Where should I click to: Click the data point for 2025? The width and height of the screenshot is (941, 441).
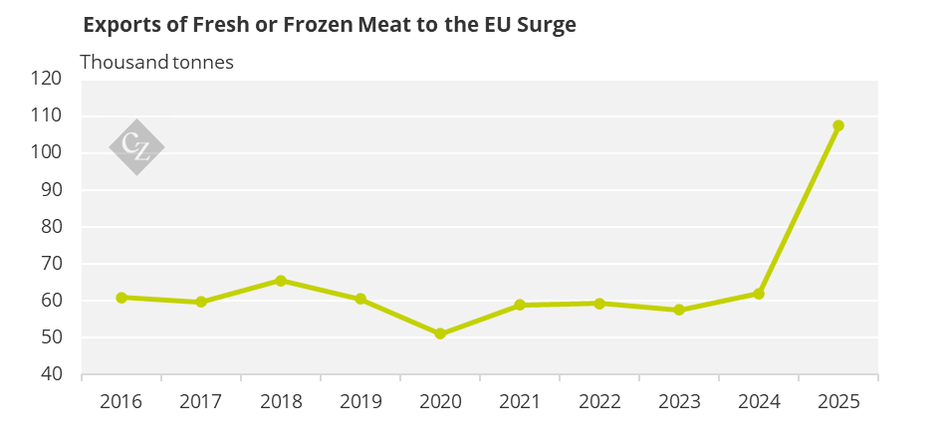[x=838, y=125]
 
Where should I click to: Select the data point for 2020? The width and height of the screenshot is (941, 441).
[x=440, y=333]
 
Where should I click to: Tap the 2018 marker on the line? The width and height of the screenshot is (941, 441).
[x=280, y=280]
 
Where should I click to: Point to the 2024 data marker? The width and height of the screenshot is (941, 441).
[x=759, y=294]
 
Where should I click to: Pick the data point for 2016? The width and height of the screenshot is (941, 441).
[x=121, y=298]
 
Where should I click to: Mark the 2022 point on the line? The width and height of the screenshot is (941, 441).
[x=598, y=304]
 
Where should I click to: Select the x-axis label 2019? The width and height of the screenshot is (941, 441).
[x=360, y=401]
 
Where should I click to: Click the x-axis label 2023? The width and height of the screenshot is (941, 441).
[x=679, y=401]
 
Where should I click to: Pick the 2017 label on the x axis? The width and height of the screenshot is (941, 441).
[x=201, y=401]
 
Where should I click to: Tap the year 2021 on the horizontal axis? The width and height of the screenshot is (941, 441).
[x=520, y=401]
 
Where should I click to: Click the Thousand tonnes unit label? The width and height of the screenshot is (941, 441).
[x=157, y=62]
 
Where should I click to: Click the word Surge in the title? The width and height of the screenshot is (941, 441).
[x=548, y=25]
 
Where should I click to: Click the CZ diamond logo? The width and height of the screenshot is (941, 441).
[x=136, y=147]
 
